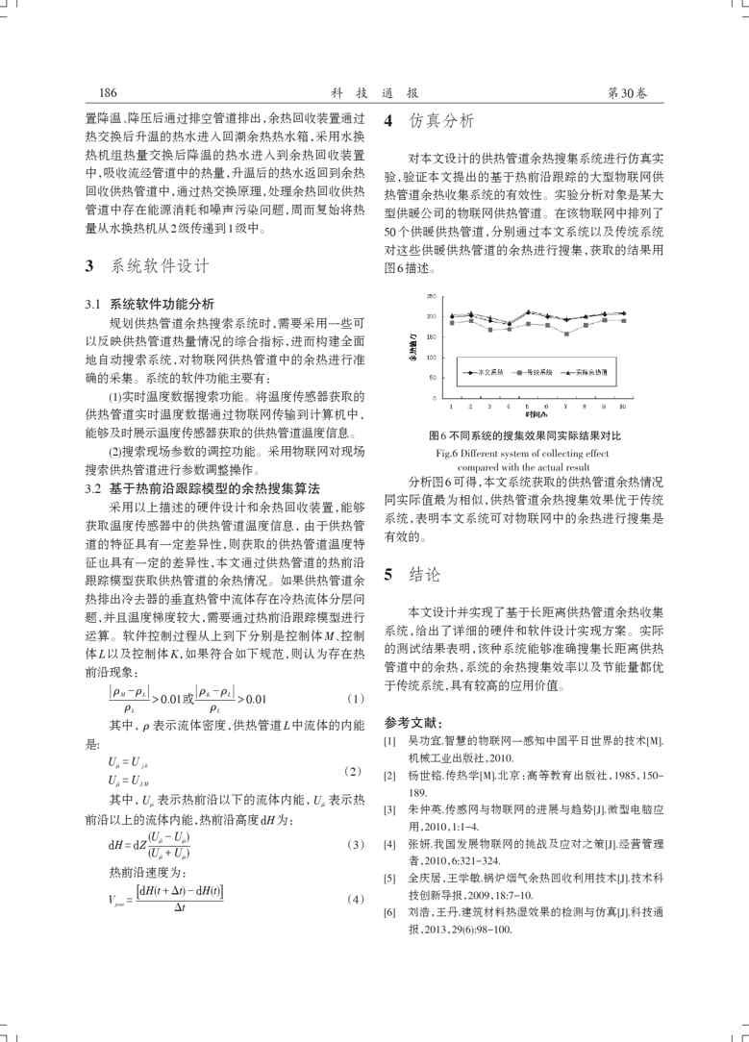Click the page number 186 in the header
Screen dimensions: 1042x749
[109, 93]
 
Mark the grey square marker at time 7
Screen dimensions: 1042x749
[566, 335]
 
